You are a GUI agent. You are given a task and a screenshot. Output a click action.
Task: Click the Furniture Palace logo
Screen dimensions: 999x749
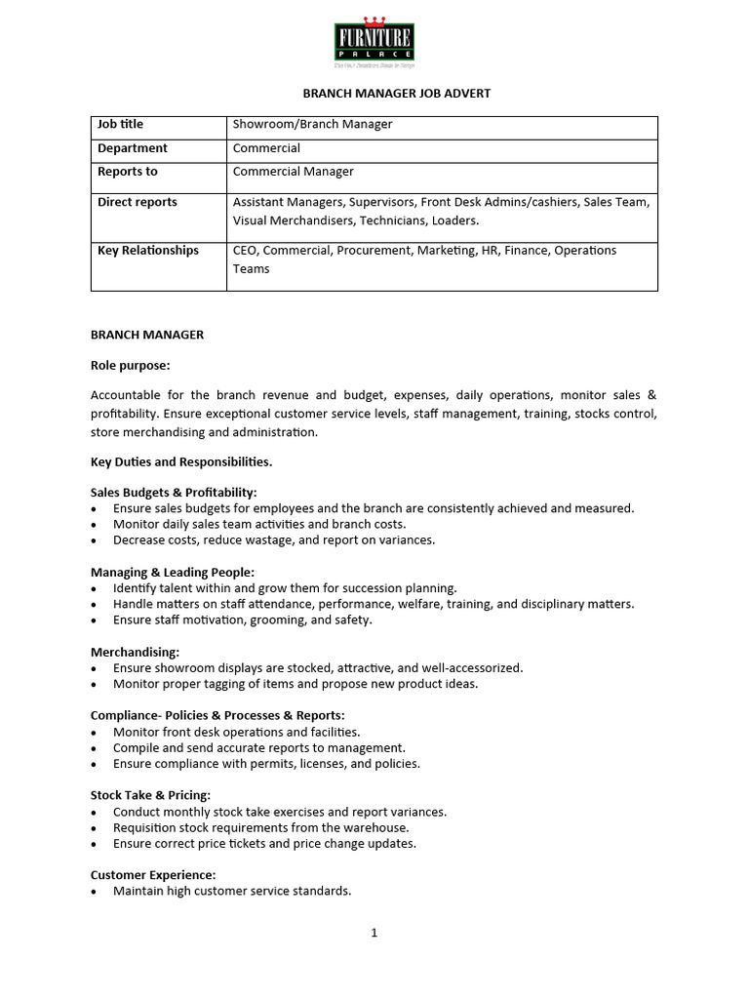(x=374, y=44)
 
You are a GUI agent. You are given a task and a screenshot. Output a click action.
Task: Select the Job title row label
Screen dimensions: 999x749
(x=120, y=125)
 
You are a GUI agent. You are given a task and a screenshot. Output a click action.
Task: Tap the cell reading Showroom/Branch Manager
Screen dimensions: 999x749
(x=312, y=125)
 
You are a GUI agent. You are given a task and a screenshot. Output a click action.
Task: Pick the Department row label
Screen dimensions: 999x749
(x=133, y=148)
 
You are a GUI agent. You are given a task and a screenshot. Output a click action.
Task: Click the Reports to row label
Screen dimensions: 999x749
(x=128, y=172)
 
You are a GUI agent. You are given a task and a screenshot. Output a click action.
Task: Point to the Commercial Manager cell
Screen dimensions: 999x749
(x=294, y=172)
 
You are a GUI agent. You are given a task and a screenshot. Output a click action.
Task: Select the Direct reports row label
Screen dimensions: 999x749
(x=138, y=202)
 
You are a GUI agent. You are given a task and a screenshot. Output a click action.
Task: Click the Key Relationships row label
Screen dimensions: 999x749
(x=148, y=251)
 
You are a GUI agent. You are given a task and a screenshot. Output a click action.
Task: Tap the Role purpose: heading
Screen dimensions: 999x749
(x=130, y=366)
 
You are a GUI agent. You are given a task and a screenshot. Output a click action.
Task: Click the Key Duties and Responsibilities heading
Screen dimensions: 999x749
(x=181, y=461)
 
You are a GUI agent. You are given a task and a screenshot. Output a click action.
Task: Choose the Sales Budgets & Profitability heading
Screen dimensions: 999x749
(x=174, y=493)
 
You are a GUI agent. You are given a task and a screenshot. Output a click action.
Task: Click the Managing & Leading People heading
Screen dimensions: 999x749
(x=173, y=573)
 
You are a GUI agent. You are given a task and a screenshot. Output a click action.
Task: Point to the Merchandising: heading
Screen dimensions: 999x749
(x=135, y=652)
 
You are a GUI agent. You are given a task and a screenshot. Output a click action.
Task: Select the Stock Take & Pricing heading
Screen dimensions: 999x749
(x=150, y=795)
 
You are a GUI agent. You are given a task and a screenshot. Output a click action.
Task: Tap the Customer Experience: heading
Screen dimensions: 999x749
(x=153, y=875)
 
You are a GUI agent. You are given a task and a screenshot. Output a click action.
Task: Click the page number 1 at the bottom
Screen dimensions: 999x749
(x=374, y=933)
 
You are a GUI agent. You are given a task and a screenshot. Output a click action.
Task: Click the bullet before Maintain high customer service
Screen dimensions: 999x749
(x=94, y=892)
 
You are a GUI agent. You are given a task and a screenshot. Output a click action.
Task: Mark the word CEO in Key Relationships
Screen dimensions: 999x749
(x=245, y=251)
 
